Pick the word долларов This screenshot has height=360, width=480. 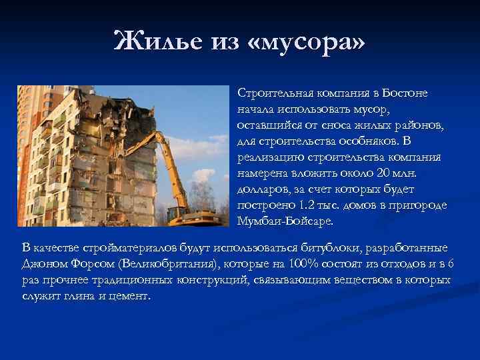click(x=259, y=189)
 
